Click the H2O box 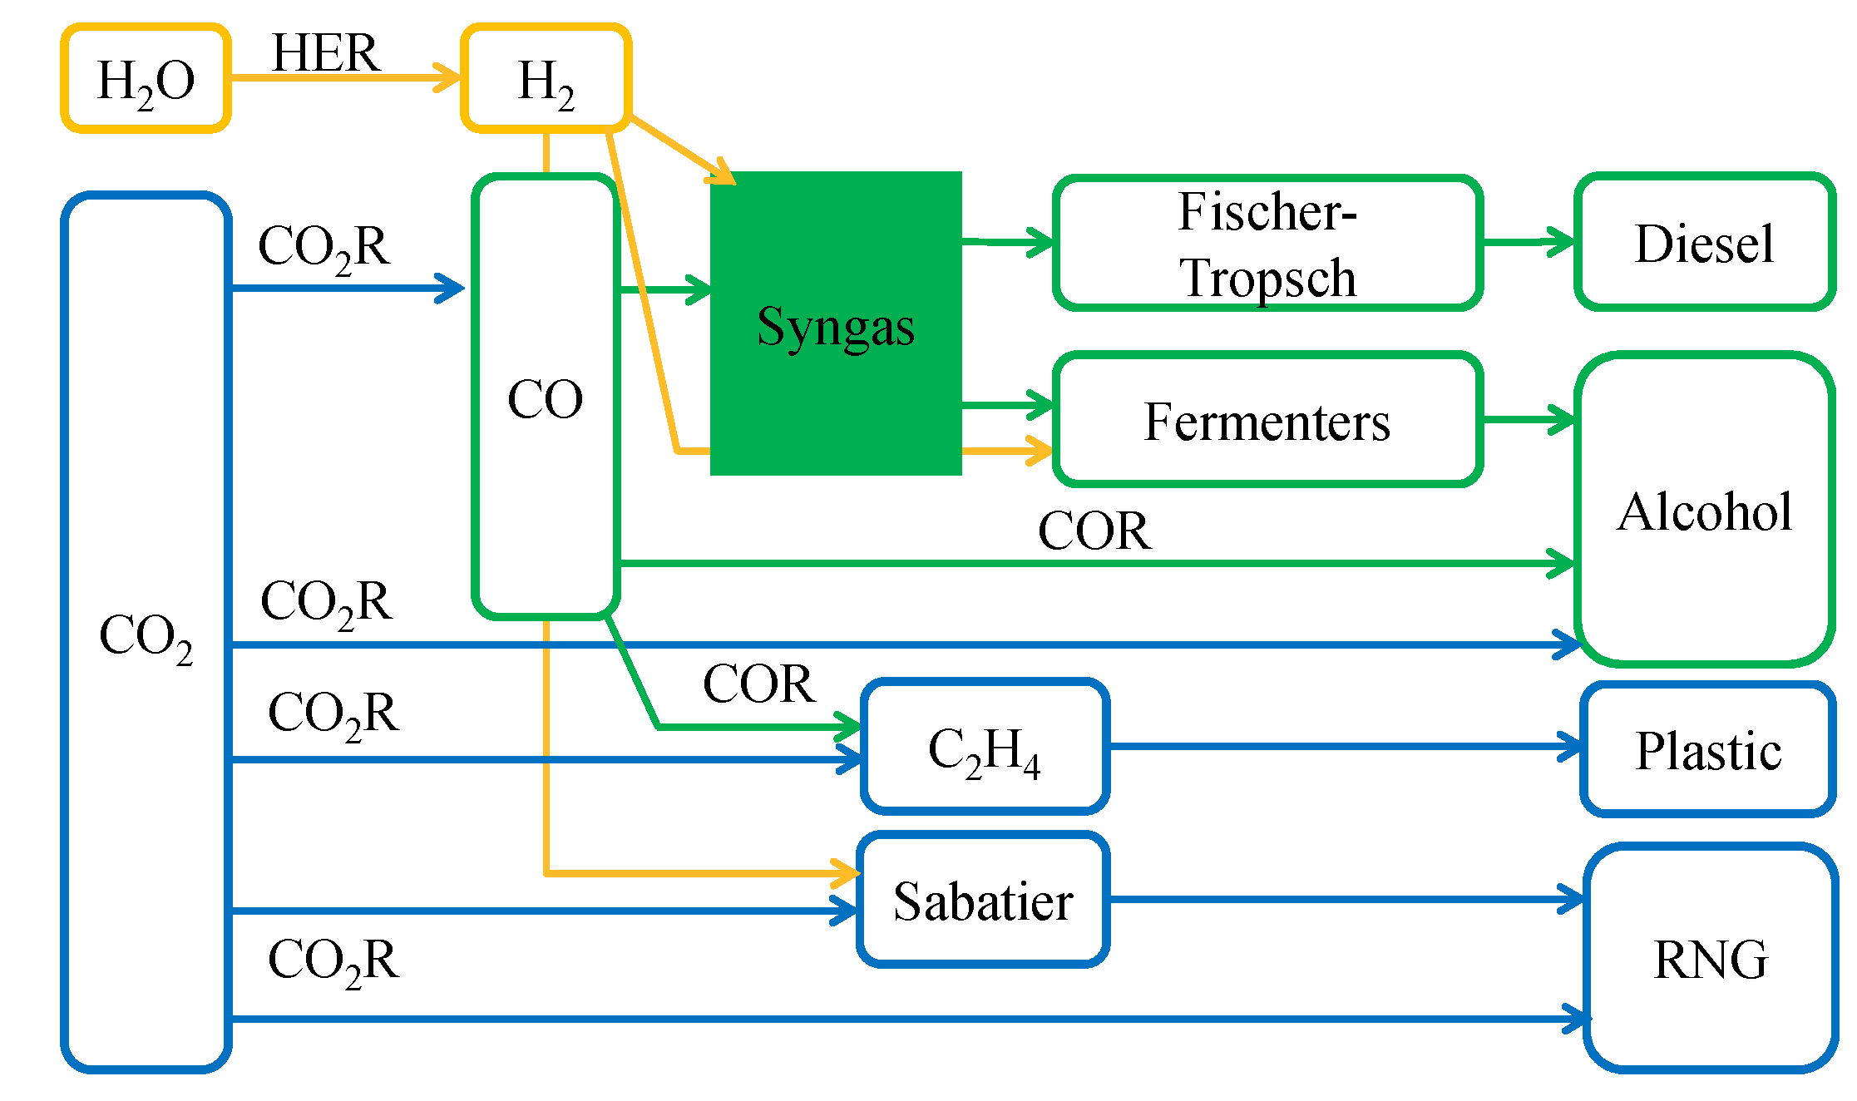click(146, 79)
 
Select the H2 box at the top click(546, 79)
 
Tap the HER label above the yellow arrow click(326, 53)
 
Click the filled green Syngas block click(836, 324)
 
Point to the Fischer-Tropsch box click(1267, 243)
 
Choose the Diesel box click(1704, 243)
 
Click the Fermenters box click(1267, 421)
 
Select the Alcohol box click(1704, 510)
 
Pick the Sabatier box click(983, 901)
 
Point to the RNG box click(1711, 959)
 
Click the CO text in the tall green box click(546, 398)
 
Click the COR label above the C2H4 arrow click(758, 684)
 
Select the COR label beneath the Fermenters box click(1094, 531)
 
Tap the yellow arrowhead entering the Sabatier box click(847, 873)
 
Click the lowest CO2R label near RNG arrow click(333, 960)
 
